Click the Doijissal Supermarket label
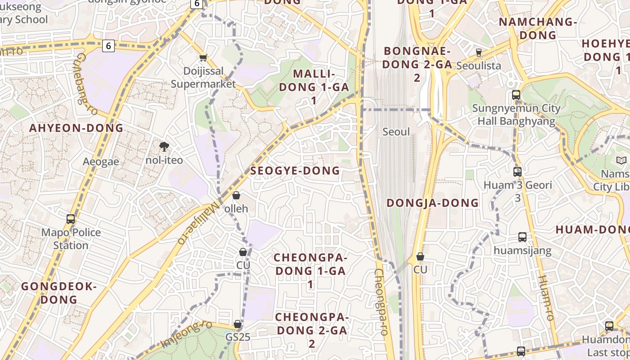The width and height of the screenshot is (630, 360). (203, 77)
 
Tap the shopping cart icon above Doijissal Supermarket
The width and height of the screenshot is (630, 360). (203, 58)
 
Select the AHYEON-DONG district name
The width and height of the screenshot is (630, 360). (76, 128)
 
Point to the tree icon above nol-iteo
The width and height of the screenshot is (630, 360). (164, 146)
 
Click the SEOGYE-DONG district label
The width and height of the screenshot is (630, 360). (295, 171)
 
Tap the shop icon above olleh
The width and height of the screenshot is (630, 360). (236, 195)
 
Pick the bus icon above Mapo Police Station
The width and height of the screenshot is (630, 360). (71, 219)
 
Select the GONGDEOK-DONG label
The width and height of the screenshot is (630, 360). (59, 292)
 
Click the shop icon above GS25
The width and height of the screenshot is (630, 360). (238, 324)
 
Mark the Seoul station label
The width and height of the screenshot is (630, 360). (396, 131)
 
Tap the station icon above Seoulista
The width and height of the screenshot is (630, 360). (479, 53)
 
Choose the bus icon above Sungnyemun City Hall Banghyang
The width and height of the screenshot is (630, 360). (516, 95)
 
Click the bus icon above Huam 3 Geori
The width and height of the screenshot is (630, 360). (517, 171)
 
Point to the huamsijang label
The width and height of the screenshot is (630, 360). (522, 250)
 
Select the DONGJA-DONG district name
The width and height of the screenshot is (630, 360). (432, 202)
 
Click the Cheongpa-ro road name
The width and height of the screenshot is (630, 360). (381, 302)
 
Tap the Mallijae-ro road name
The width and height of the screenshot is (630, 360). (198, 222)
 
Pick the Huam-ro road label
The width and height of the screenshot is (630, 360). (545, 297)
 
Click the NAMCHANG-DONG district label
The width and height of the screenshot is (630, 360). (538, 28)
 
